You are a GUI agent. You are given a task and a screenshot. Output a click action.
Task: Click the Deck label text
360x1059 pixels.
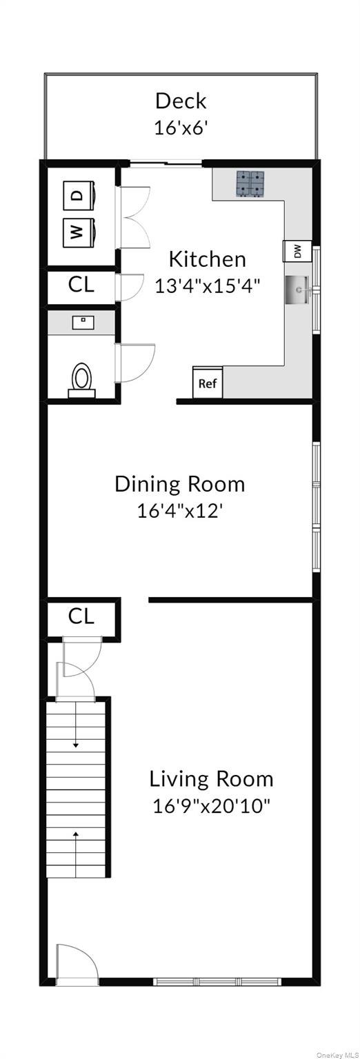coord(180,101)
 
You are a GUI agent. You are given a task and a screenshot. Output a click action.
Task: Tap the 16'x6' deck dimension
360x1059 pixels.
coord(180,128)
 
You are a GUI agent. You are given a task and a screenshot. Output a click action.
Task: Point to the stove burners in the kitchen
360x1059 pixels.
coord(252,183)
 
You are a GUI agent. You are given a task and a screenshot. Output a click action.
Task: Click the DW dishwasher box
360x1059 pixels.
coord(297,252)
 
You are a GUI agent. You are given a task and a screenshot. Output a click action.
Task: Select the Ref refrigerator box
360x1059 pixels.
coord(208,383)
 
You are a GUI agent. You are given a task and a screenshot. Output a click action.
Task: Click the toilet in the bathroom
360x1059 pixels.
coord(81,379)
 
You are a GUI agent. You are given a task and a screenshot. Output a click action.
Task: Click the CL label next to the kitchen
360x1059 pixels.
coord(81,285)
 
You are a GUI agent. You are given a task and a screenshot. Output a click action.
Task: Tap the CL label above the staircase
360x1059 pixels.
coord(81,616)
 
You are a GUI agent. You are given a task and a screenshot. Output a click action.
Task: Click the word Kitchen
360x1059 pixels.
coord(207,259)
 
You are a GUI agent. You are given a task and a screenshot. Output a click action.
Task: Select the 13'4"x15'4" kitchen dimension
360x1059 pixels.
coord(208,285)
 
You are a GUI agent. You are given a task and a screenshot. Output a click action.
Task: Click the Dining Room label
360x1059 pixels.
coord(179,484)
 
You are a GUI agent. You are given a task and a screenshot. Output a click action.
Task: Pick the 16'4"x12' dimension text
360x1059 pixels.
coord(179,511)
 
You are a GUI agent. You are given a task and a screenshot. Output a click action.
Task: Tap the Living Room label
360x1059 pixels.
coord(211,779)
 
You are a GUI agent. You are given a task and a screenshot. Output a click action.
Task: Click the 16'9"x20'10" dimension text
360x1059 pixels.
coord(211,806)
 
